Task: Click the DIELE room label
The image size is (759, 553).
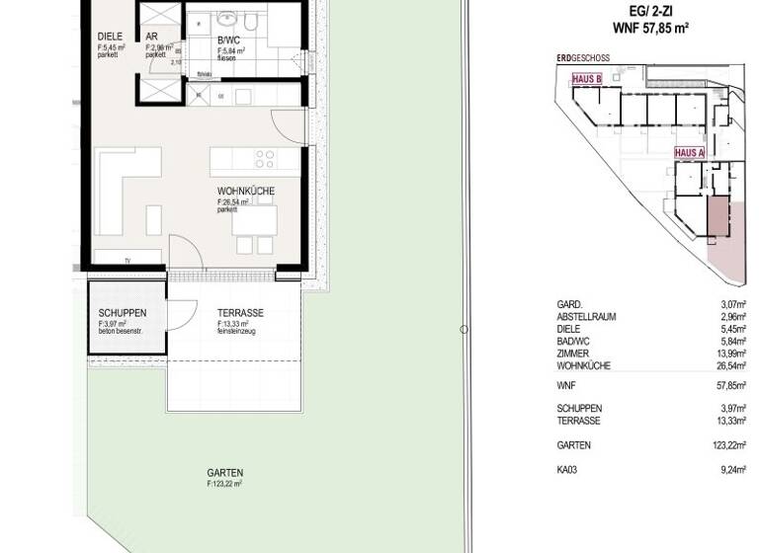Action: pos(109,38)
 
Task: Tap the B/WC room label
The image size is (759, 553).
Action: pos(229,40)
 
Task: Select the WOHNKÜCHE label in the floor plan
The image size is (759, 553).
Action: pos(246,193)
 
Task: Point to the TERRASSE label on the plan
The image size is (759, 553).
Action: pos(240,313)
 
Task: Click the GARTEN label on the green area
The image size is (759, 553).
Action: pos(224,473)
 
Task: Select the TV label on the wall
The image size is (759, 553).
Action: pos(127,261)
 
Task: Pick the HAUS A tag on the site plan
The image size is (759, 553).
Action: pos(689,153)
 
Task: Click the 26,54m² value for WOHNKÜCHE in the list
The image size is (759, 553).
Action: pos(729,365)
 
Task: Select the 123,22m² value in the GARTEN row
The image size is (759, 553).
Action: pos(727,444)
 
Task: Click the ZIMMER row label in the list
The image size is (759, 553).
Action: pos(573,354)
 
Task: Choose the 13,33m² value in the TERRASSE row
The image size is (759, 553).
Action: pos(729,420)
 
